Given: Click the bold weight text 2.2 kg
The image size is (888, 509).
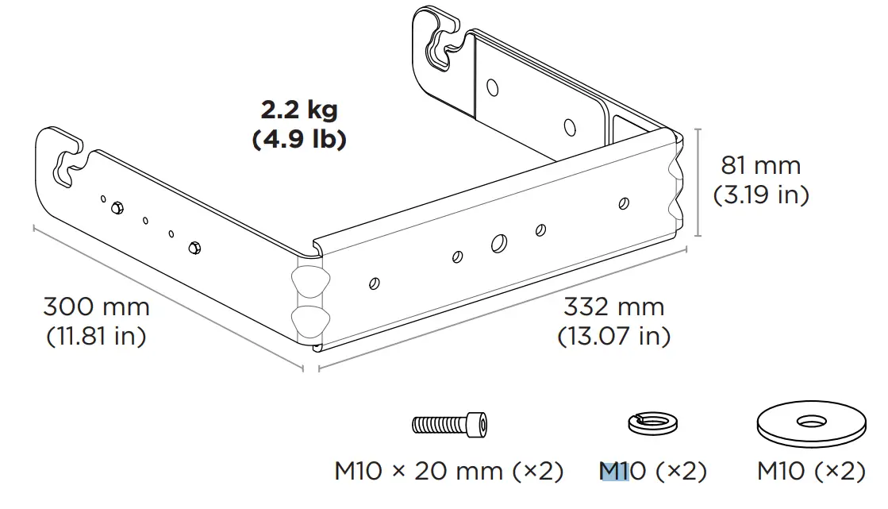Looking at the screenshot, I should (x=298, y=110).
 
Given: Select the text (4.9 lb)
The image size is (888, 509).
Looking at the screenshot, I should (x=299, y=140).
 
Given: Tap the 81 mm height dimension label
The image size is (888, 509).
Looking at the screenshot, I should (x=760, y=165).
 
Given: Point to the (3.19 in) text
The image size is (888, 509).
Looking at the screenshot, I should (x=760, y=195).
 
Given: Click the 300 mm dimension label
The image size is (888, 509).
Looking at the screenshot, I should (x=96, y=307).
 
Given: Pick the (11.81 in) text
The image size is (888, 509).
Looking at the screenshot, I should (x=96, y=336).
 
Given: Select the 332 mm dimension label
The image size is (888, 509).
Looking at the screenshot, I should (x=613, y=307).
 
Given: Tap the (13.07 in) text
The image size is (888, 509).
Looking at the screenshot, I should (x=613, y=336).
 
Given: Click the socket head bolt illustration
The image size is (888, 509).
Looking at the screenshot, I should (x=449, y=423).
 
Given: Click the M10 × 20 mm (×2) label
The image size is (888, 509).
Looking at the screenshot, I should (x=448, y=471).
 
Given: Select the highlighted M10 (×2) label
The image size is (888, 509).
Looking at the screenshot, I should (x=652, y=471).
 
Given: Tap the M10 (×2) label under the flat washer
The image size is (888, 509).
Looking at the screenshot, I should (x=810, y=471).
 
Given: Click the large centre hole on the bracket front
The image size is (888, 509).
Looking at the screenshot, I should (x=500, y=242).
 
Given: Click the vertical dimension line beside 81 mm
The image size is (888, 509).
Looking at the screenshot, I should (x=698, y=182).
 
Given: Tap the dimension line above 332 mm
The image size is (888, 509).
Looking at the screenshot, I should (x=502, y=309).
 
